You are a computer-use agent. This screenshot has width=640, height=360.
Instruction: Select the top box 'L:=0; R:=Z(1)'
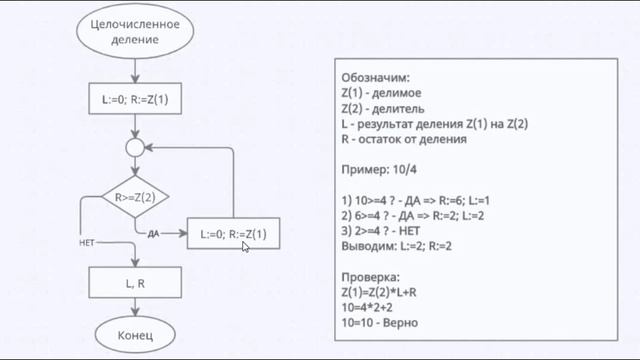pyautogui.click(x=134, y=100)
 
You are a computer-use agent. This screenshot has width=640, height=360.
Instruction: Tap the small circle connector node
pyautogui.click(x=134, y=148)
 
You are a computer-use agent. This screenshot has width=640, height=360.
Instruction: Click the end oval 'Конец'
pyautogui.click(x=134, y=335)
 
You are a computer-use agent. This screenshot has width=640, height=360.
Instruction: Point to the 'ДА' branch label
pyautogui.click(x=153, y=233)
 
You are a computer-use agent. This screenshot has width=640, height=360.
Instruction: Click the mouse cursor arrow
pyautogui.click(x=246, y=246)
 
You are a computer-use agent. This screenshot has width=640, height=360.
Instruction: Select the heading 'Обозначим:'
pyautogui.click(x=375, y=76)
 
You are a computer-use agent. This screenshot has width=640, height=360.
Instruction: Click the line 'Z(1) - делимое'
pyautogui.click(x=386, y=92)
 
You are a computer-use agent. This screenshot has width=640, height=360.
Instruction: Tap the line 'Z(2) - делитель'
pyautogui.click(x=389, y=108)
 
